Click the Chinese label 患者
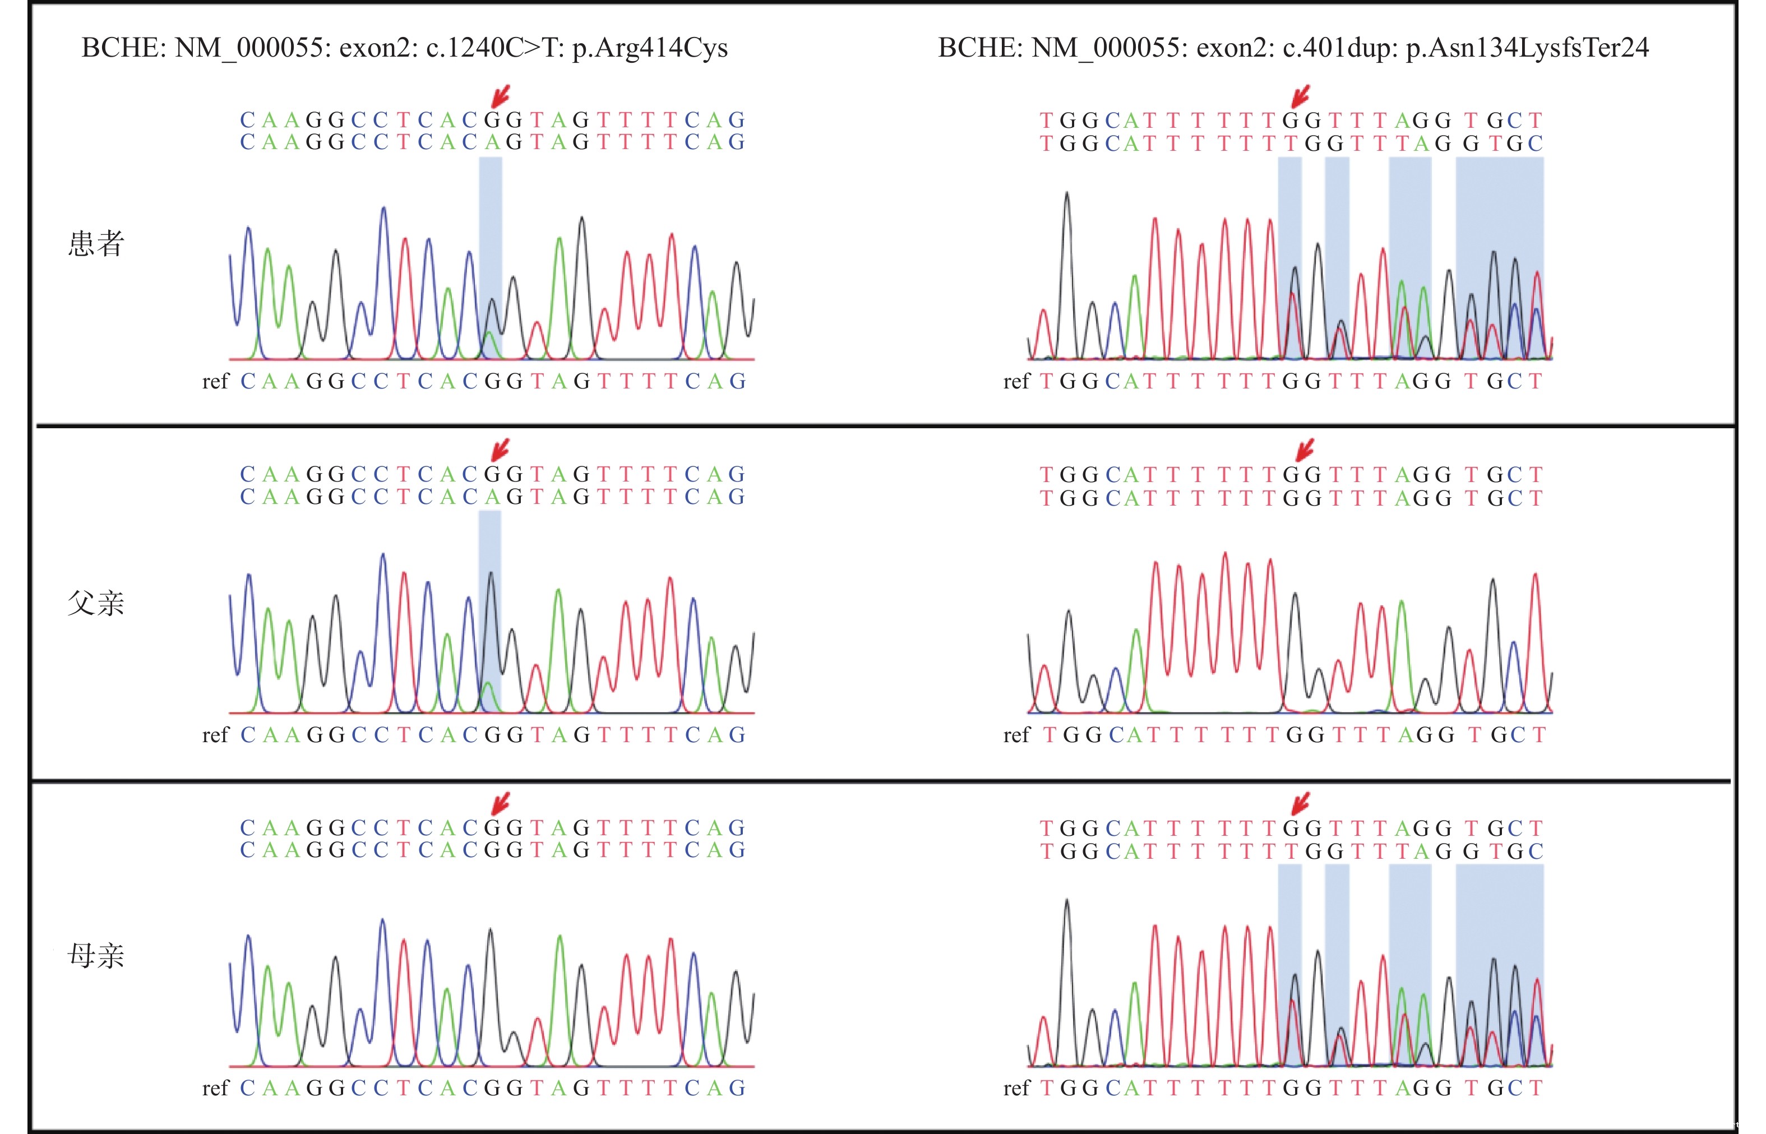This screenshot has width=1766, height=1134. pos(96,244)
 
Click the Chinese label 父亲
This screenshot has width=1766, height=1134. pos(96,603)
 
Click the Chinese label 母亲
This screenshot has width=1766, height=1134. pos(96,956)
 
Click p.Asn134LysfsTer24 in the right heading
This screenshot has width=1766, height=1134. pos(1527,48)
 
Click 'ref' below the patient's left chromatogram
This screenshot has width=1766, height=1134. pos(216,381)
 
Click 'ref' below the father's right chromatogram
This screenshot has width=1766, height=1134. pos(1015,735)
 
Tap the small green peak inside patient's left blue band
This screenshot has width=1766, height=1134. pos(489,341)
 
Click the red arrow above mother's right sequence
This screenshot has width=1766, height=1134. pos(1301,803)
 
